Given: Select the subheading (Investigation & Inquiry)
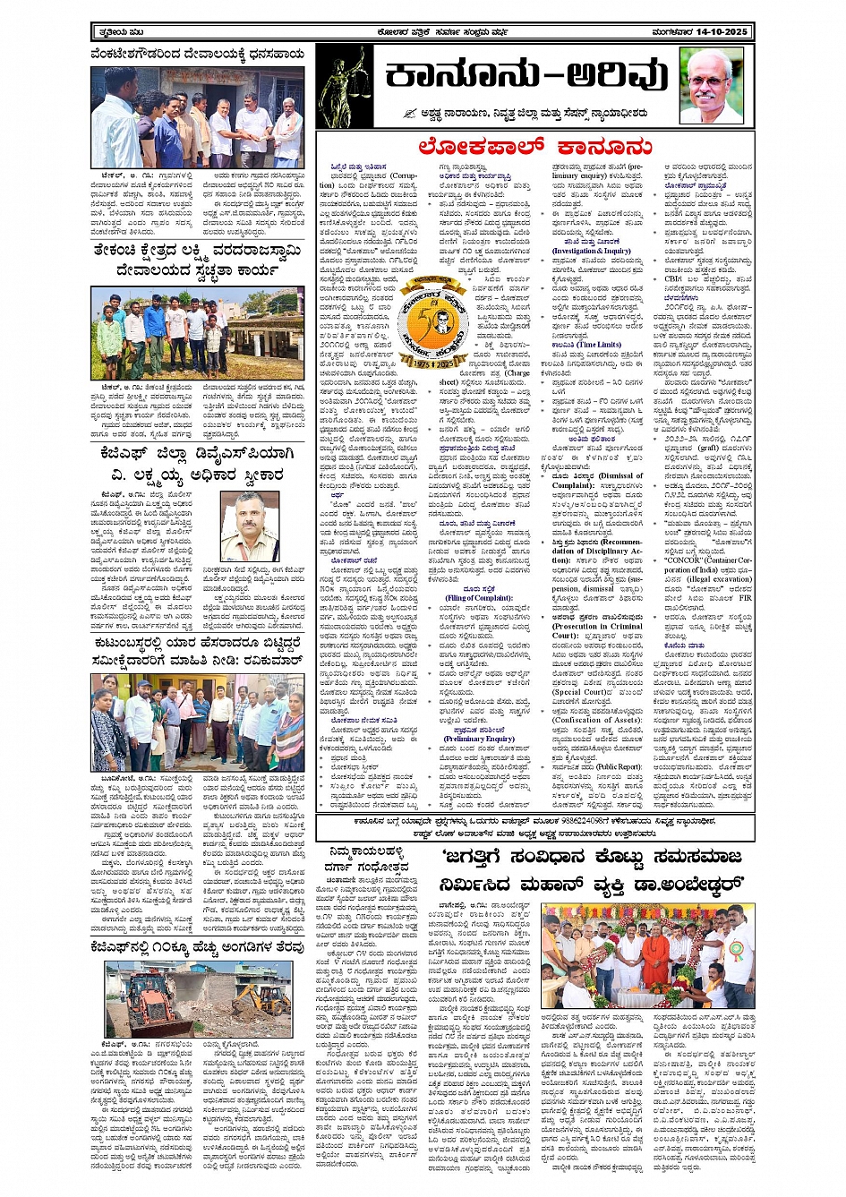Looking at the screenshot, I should [591, 251].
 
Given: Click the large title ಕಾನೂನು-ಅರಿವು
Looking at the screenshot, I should [527, 79].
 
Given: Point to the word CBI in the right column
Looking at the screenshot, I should [672, 278].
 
